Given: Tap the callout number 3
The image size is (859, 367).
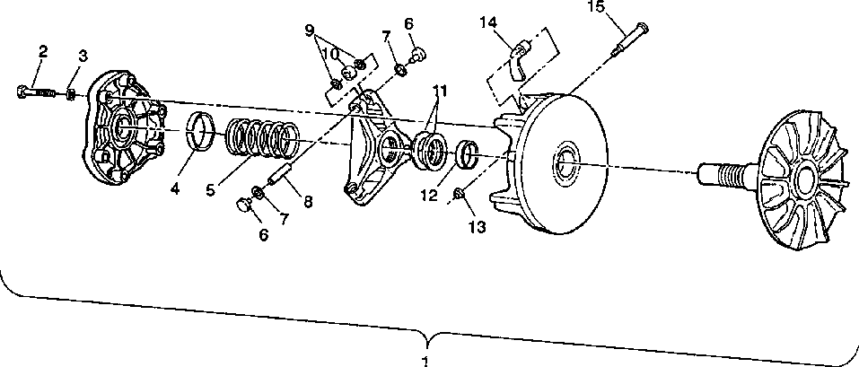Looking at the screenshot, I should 82,57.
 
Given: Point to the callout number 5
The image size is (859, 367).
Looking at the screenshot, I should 209,190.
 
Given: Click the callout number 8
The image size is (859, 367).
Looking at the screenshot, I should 308,203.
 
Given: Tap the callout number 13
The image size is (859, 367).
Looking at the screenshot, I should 477,227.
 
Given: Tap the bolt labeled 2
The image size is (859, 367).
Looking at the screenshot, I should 36,91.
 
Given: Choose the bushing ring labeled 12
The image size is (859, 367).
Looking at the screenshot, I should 466,153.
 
